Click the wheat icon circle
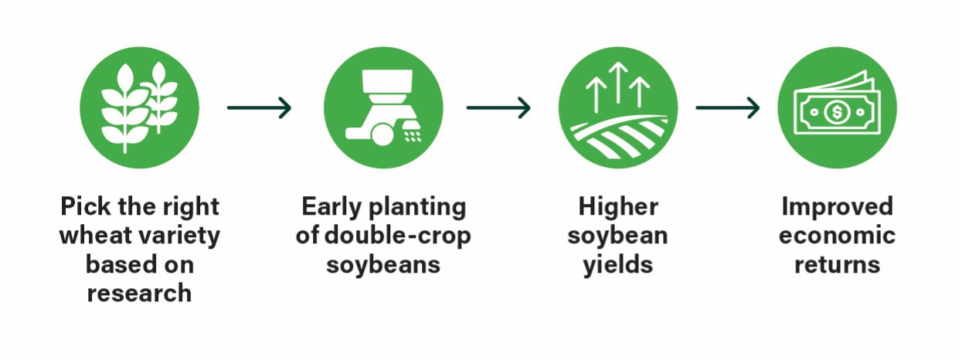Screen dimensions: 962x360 pos(140,107)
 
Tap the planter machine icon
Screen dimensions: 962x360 pos(383,107)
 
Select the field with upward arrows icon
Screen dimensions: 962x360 pos(618,107)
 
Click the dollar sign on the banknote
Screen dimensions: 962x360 pos(837,113)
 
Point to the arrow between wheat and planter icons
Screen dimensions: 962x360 pos(260,107)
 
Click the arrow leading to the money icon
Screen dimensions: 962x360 pos(728,107)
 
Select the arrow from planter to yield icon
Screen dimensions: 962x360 pos(498,107)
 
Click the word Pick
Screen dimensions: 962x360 pos(86,206)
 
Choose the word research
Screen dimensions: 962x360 pos(139,294)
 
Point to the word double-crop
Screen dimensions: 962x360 pos(398,236)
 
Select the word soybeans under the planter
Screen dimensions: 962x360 pos(383,265)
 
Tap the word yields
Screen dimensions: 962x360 pos(618,265)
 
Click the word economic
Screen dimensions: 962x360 pos(837,236)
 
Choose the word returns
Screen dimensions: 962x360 pos(837,265)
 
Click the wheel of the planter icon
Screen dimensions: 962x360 pos(382,134)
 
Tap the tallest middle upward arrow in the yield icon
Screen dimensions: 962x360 pos(618,83)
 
